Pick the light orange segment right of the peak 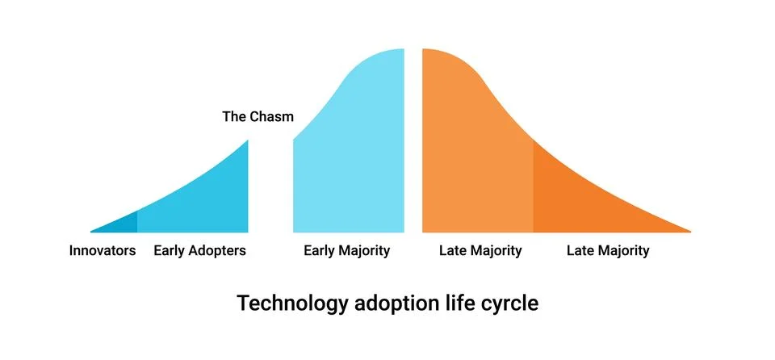(472, 161)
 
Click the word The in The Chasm (234, 117)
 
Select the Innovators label (103, 251)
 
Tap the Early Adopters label (199, 251)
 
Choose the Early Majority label (346, 251)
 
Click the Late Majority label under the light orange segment (480, 251)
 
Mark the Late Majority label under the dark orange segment (608, 251)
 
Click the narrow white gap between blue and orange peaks (413, 145)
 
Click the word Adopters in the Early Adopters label (216, 251)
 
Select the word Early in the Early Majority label (319, 251)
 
